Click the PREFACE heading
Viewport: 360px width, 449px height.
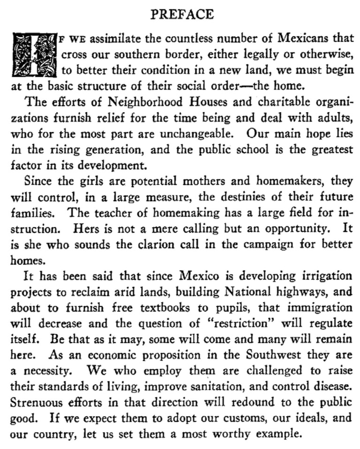[182, 15]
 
